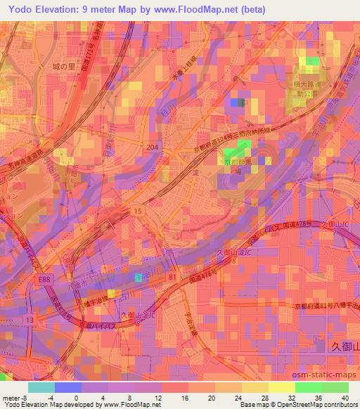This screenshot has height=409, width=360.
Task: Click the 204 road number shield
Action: [x=153, y=146]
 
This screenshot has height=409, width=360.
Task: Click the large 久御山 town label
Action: [x=344, y=345]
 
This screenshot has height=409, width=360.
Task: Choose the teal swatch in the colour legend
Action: [x=41, y=387]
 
